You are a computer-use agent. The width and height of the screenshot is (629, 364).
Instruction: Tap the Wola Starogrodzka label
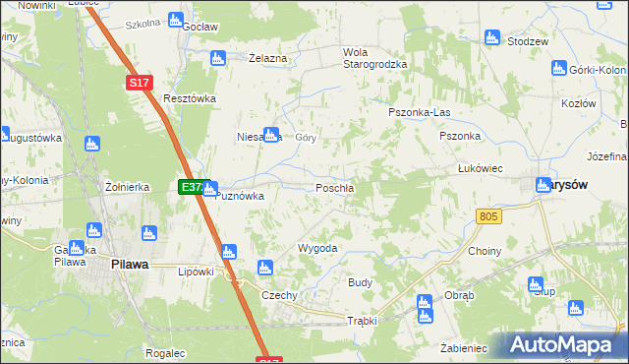[373, 58]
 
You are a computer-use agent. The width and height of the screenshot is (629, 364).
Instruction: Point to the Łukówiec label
[481, 168]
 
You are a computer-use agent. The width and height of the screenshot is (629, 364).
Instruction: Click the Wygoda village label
[317, 248]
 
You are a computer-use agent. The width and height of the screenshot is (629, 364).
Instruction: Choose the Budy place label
[360, 282]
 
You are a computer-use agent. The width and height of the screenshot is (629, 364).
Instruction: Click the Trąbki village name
[362, 321]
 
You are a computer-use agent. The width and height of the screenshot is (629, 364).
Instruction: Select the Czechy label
[278, 295]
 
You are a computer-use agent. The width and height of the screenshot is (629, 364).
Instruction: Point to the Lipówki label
[195, 272]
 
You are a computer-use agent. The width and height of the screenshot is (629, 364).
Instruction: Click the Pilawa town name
[129, 264]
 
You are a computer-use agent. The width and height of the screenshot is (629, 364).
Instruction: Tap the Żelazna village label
[267, 58]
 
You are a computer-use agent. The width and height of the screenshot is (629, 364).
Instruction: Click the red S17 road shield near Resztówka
[139, 84]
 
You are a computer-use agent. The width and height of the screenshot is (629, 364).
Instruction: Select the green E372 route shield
[190, 186]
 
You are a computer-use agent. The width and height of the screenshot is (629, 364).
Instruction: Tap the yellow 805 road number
[487, 215]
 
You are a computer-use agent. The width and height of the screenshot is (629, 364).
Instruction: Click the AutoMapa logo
[563, 345]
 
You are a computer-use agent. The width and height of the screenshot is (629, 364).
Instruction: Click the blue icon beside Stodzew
[491, 37]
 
